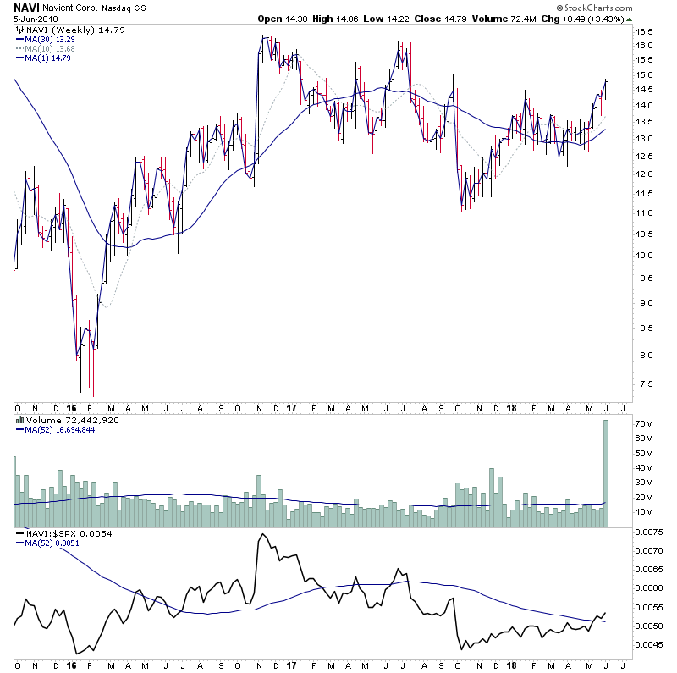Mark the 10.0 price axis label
point(647,256)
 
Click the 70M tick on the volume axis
point(646,422)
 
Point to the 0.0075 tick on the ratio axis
point(652,532)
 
